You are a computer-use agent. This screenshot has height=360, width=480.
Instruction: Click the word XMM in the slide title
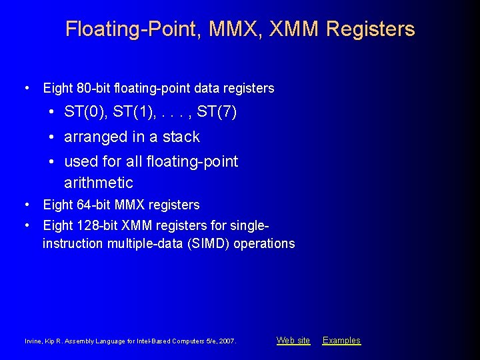point(294,29)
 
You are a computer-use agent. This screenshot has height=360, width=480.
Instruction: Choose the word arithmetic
point(99,183)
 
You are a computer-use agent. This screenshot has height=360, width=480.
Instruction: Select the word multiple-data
point(137,243)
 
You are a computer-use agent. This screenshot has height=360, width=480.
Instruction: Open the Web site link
point(293,341)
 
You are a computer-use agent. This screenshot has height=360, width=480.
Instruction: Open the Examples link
point(341,341)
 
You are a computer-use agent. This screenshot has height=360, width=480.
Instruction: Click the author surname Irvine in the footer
point(33,341)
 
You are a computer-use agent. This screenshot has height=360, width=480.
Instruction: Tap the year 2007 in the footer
point(227,341)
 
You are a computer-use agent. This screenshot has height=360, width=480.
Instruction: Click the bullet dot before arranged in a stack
point(51,137)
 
